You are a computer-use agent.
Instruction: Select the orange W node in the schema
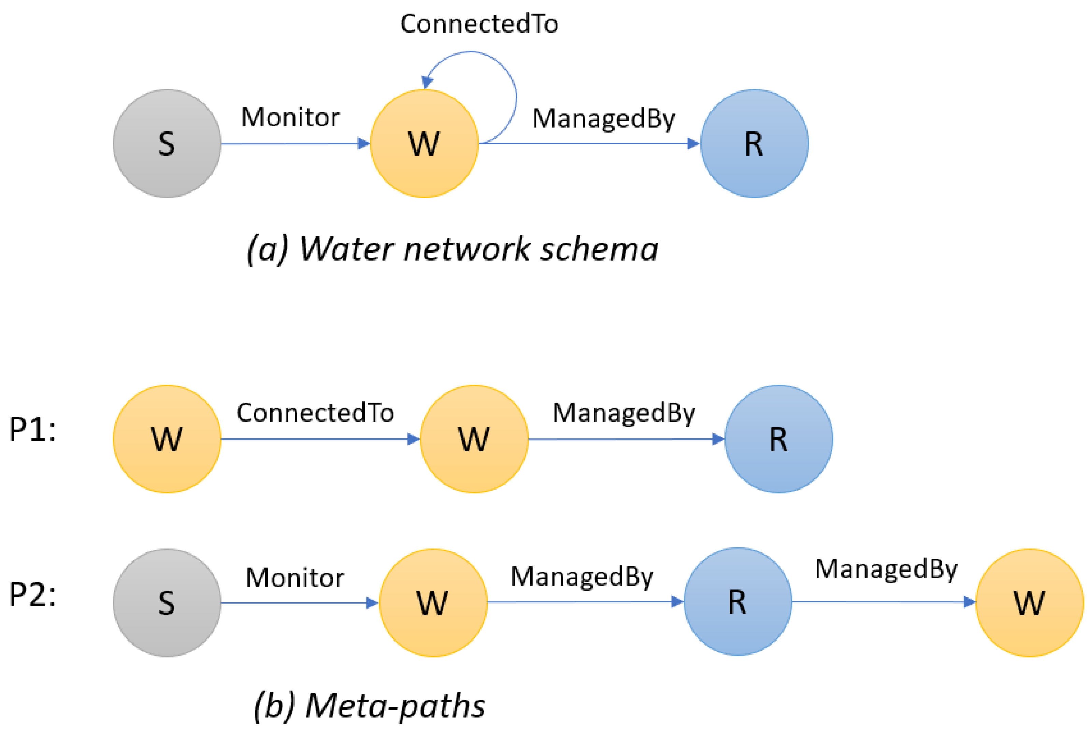424,143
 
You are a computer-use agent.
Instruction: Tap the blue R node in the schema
754,143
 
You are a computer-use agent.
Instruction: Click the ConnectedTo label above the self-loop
479,24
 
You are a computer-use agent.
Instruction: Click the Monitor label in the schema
290,117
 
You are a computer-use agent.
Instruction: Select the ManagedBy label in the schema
603,118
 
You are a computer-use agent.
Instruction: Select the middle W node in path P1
474,439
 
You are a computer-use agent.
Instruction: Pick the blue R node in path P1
778,439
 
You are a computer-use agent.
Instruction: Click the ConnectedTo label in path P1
315,413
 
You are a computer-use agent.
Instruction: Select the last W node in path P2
1029,603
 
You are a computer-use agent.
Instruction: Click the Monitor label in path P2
295,578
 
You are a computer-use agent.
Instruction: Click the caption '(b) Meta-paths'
369,705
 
